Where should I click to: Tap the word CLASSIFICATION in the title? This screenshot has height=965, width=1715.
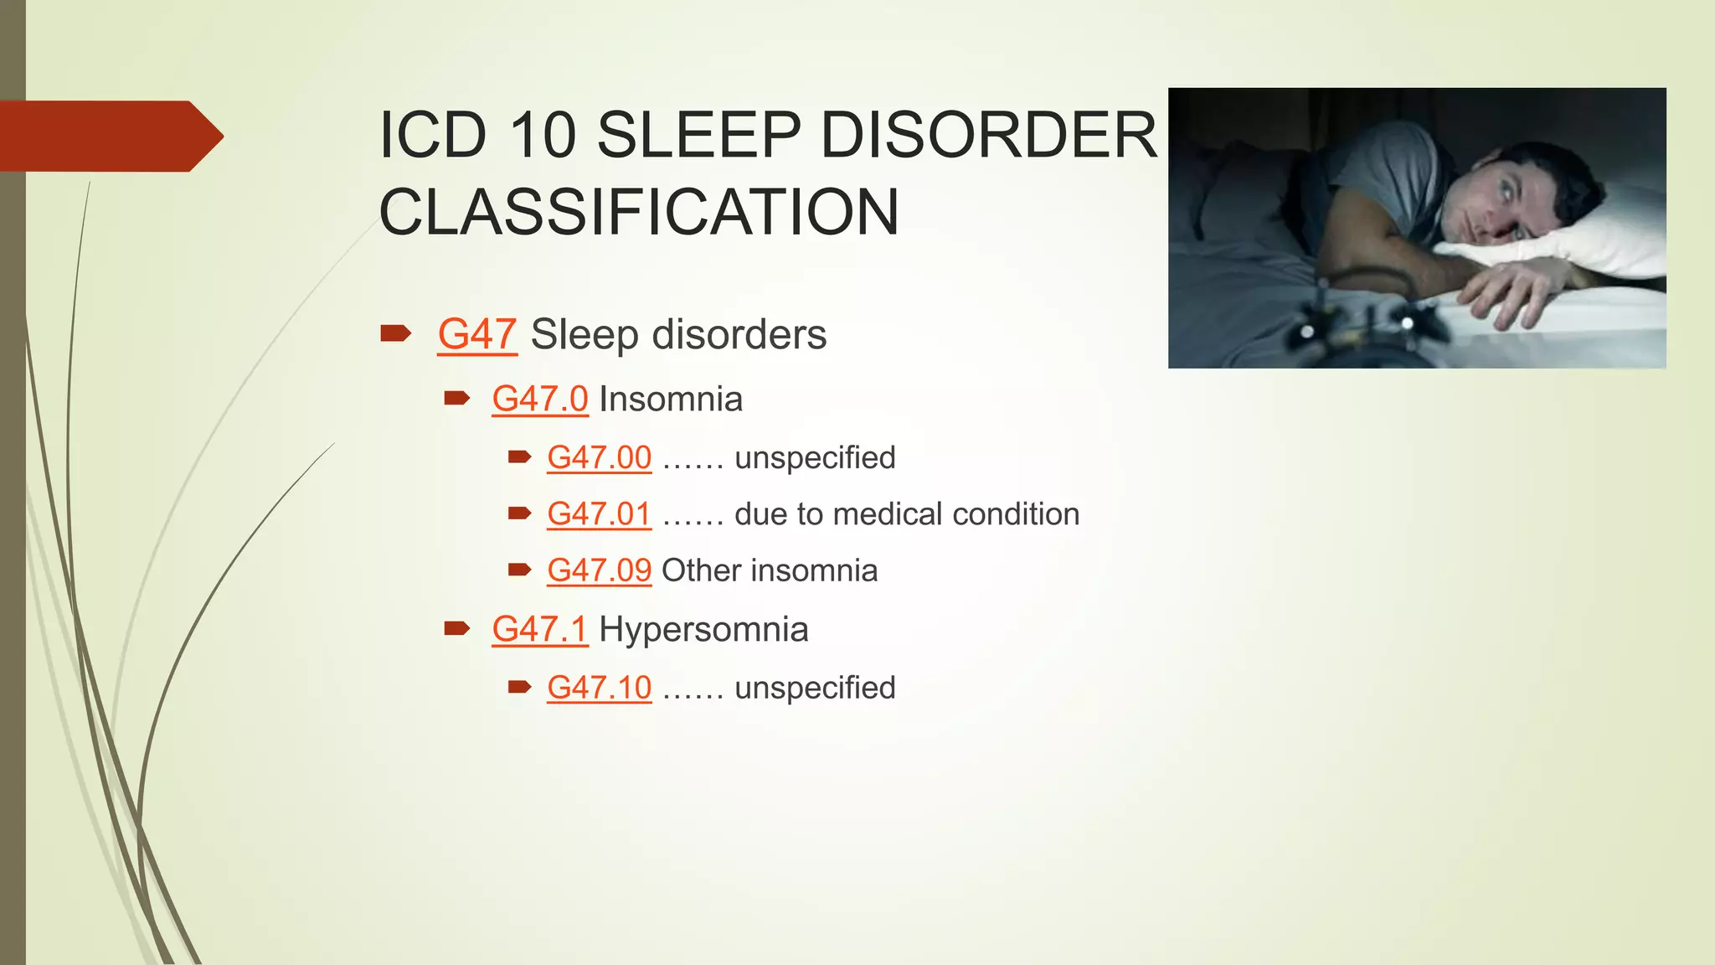pyautogui.click(x=639, y=212)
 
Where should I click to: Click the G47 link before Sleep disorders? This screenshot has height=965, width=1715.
pyautogui.click(x=476, y=334)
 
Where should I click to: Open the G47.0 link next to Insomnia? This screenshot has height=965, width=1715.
pyautogui.click(x=540, y=399)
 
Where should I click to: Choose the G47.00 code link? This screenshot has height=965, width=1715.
pyautogui.click(x=599, y=457)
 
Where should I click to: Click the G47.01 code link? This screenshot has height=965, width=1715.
pyautogui.click(x=599, y=513)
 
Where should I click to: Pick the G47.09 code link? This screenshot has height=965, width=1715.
pyautogui.click(x=599, y=570)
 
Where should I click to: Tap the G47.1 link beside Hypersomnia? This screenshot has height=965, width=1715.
pyautogui.click(x=540, y=629)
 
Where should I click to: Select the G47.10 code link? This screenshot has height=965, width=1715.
pyautogui.click(x=599, y=688)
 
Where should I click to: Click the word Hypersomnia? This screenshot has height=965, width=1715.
pyautogui.click(x=703, y=629)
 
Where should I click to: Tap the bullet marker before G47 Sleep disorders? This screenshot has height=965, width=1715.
pyautogui.click(x=394, y=334)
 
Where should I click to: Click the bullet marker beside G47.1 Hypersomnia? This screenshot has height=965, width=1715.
pyautogui.click(x=456, y=628)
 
